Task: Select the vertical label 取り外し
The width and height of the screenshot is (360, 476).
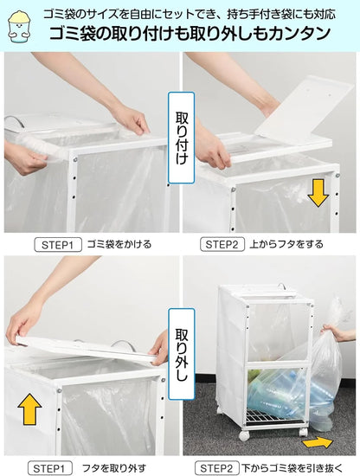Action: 181,349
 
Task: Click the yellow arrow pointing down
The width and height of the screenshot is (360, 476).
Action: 318,191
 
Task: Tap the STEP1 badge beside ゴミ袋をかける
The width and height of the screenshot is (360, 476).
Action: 58,245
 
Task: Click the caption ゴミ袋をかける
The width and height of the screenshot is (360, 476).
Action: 119,245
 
